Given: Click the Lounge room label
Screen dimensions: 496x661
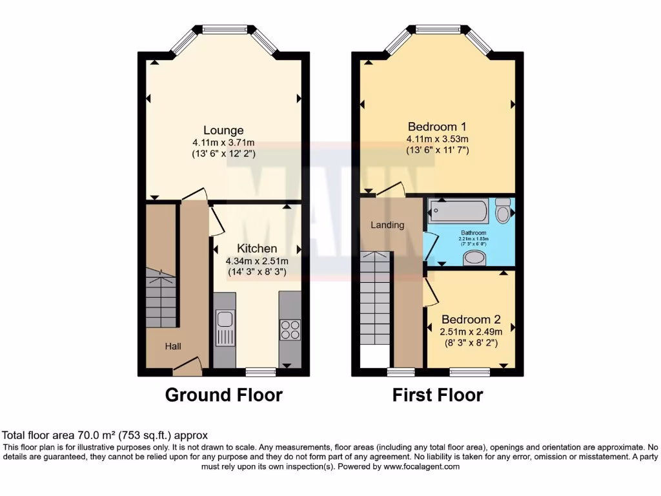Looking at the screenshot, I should point(223,130).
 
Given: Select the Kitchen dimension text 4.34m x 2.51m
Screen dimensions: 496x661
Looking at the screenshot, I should point(257,261).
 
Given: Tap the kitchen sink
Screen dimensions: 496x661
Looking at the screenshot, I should point(225,327).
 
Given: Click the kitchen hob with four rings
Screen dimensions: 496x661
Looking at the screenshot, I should point(290,329).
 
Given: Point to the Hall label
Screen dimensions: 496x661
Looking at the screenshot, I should point(173,347).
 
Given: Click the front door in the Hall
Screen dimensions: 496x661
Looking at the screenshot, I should point(188,368).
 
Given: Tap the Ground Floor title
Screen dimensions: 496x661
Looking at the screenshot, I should point(223,395).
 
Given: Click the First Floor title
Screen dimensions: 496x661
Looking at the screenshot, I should point(438,395).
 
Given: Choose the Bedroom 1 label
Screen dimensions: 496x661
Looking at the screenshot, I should point(437,127).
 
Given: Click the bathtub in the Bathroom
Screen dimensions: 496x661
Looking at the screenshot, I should point(460,211).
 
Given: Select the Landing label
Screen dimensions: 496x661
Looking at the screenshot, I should point(387,225).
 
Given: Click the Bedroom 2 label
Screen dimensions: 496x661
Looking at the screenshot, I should point(471,319).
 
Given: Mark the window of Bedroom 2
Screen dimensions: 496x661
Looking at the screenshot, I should point(469,372).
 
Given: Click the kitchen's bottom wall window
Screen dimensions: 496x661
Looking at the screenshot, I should point(261,372).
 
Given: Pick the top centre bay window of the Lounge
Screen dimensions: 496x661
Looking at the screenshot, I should point(223,29).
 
